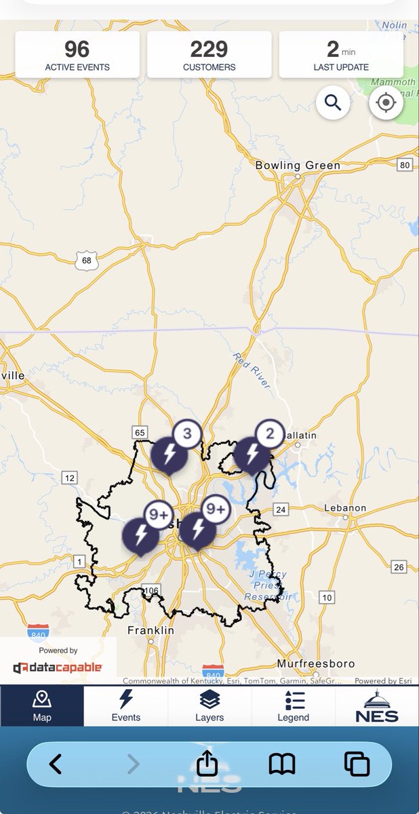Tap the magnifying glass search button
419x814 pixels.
coord(333,102)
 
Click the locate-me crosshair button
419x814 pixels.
coord(386,102)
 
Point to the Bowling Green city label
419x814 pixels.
coord(298,165)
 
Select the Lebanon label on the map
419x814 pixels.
coord(344,507)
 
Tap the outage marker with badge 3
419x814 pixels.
coord(169,455)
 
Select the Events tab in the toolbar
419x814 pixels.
coord(125,705)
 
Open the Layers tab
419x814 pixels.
coord(209,705)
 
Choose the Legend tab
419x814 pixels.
coord(294,705)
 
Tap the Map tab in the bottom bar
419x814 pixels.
coord(42,705)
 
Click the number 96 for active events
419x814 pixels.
coord(77,49)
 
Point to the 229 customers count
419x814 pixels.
coord(209,49)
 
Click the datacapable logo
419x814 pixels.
coord(58,667)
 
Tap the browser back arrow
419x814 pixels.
coord(56,764)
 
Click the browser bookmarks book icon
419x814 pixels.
coord(282,764)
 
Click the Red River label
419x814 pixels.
coord(251,370)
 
